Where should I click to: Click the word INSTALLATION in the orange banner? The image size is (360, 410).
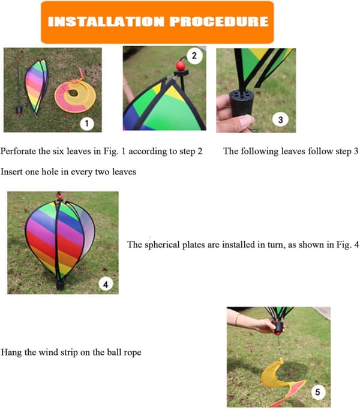[x=106, y=22]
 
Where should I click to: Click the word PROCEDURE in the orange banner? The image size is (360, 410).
[x=219, y=22]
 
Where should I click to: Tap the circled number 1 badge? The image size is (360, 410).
[x=87, y=123]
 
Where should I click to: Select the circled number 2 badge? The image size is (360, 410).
[x=194, y=55]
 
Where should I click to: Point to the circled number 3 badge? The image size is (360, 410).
[x=280, y=119]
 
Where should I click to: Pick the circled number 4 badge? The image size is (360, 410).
[x=106, y=284]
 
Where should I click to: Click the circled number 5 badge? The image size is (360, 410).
[x=317, y=392]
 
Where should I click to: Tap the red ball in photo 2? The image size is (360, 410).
[x=181, y=66]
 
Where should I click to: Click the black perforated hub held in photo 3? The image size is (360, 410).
[x=241, y=103]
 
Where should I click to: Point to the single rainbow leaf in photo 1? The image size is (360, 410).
[x=37, y=86]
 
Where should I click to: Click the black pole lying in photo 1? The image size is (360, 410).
[x=19, y=86]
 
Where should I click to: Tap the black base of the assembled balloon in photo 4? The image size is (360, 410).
[x=60, y=285]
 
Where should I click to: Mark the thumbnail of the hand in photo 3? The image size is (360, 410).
[x=245, y=120]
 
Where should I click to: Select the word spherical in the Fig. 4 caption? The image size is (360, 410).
[x=162, y=245]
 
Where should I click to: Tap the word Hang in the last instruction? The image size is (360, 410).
[x=11, y=352]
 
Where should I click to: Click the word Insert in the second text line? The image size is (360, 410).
[x=11, y=172]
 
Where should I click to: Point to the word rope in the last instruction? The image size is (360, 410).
[x=133, y=352]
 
